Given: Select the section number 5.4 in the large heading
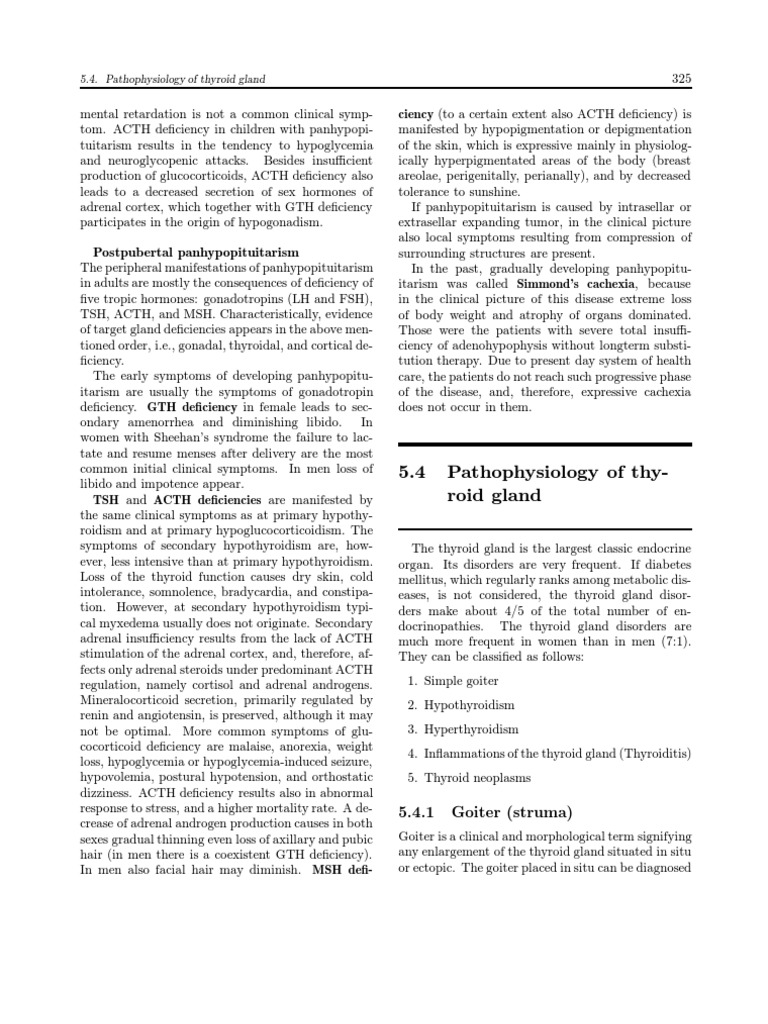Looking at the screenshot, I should (x=414, y=473).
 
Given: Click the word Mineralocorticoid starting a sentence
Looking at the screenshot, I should (x=132, y=700).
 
